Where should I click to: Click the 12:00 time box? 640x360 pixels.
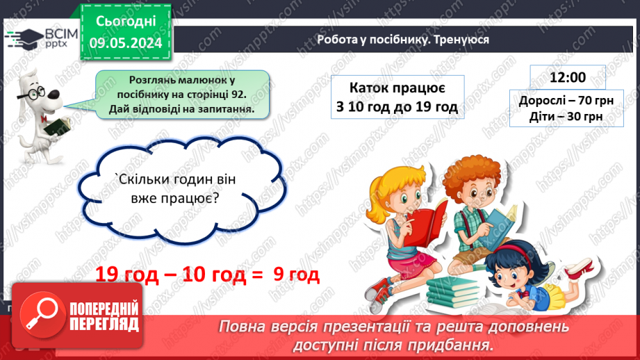(567, 76)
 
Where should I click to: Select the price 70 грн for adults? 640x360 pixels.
(589, 101)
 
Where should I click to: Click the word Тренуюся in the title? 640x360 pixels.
(462, 40)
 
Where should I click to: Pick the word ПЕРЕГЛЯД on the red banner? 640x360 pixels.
(106, 323)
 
